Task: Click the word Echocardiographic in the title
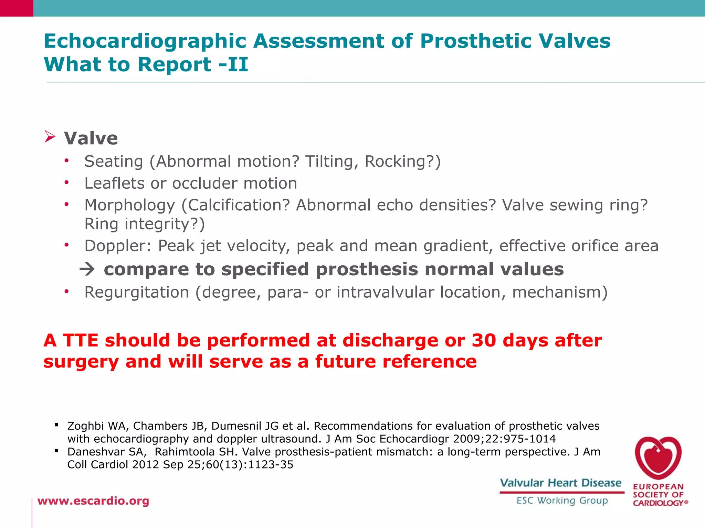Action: click(145, 41)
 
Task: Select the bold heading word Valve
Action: click(91, 138)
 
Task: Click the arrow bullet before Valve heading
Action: click(50, 137)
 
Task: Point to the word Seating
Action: click(114, 162)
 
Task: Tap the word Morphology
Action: click(130, 206)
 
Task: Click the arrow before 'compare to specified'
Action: click(87, 269)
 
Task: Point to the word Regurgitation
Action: click(137, 293)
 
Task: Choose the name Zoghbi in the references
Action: click(85, 426)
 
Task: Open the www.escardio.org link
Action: click(93, 501)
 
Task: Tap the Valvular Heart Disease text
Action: click(560, 483)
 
